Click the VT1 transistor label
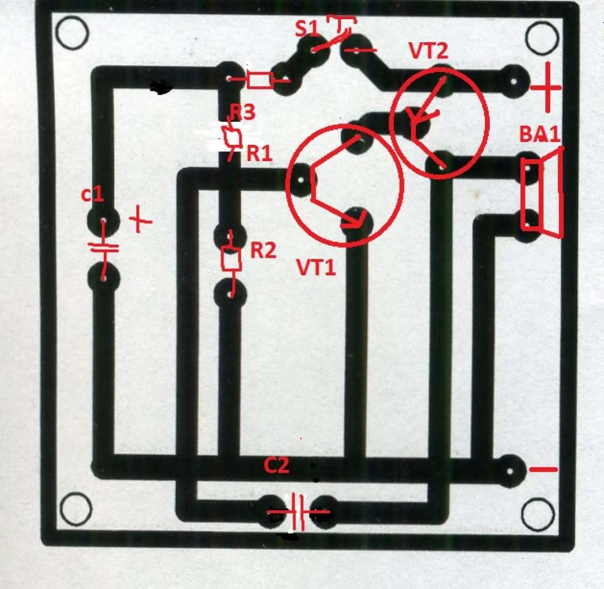(316, 268)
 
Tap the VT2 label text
(428, 50)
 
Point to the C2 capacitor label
(276, 466)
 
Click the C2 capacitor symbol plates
(298, 513)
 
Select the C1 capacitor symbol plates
(104, 247)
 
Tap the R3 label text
(242, 112)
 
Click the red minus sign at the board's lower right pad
(543, 470)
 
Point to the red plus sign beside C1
(141, 220)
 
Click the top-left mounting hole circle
(72, 33)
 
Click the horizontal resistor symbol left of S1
(259, 80)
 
